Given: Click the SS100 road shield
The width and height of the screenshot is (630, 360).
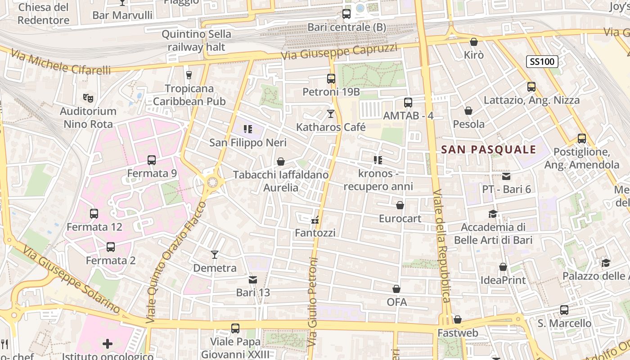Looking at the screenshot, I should point(542,62).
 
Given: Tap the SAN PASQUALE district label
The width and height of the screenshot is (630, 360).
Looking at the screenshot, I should point(489,150).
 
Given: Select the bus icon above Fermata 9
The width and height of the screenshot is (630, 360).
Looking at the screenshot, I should point(152,160).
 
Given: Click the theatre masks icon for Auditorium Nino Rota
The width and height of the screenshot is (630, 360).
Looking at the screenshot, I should point(88,97).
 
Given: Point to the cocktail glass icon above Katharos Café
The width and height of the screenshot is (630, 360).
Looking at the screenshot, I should point(331,114).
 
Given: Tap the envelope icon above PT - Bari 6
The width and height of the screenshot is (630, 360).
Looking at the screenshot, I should point(506,176).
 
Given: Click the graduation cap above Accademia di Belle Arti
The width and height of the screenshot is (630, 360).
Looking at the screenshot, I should point(493,214).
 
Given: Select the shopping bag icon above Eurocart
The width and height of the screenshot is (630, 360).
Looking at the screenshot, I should point(400,206).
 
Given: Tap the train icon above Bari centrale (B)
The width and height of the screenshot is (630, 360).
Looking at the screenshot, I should point(346,14).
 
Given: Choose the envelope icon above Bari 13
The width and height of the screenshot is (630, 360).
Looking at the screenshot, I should point(253,279).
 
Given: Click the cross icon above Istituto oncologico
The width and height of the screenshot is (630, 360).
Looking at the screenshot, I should point(108,344).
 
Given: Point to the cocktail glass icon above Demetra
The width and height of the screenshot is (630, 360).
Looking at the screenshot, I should point(215,255).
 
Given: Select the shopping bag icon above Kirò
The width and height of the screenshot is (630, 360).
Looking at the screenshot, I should point(473,42).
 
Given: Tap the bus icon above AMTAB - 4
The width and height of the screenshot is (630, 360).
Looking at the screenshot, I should point(408,103).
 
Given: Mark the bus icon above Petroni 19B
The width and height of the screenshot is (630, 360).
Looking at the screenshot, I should point(331,79).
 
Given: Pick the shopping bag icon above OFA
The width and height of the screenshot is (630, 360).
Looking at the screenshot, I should point(396,289).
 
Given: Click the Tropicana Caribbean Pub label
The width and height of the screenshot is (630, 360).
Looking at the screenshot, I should point(189,95).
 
